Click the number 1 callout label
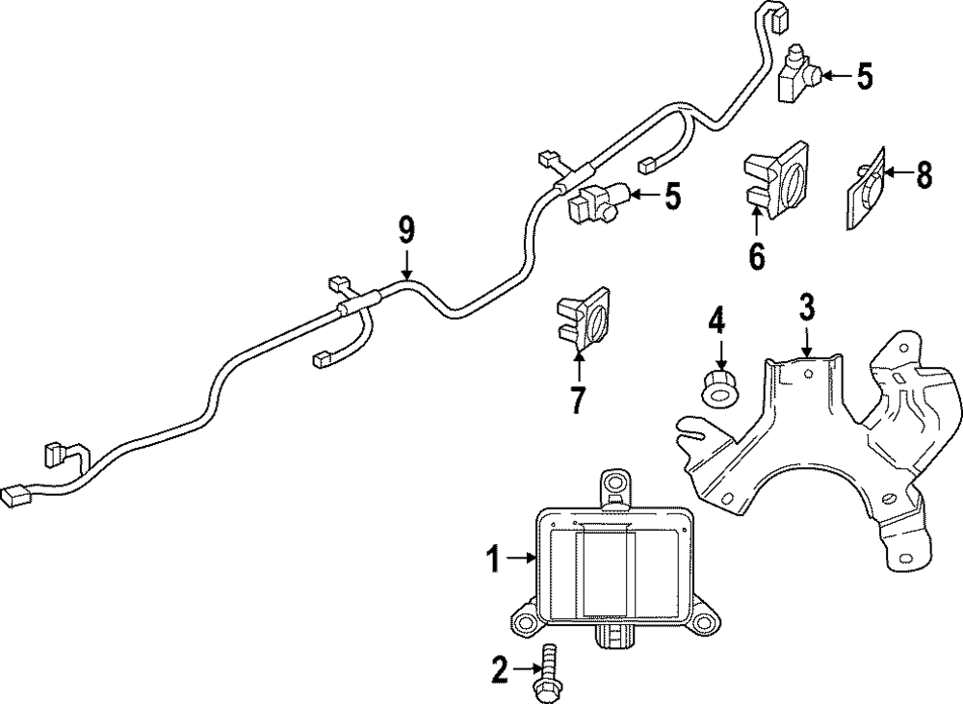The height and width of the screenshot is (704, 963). [x=493, y=559]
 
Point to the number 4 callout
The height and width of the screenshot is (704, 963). [x=716, y=319]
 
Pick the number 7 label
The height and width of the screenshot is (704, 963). [x=578, y=398]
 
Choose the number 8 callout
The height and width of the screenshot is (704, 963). [x=924, y=175]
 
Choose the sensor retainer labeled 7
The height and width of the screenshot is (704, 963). [x=583, y=317]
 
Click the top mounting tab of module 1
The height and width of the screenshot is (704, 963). [x=613, y=485]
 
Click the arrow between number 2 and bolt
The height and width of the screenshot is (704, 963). [x=526, y=667]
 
